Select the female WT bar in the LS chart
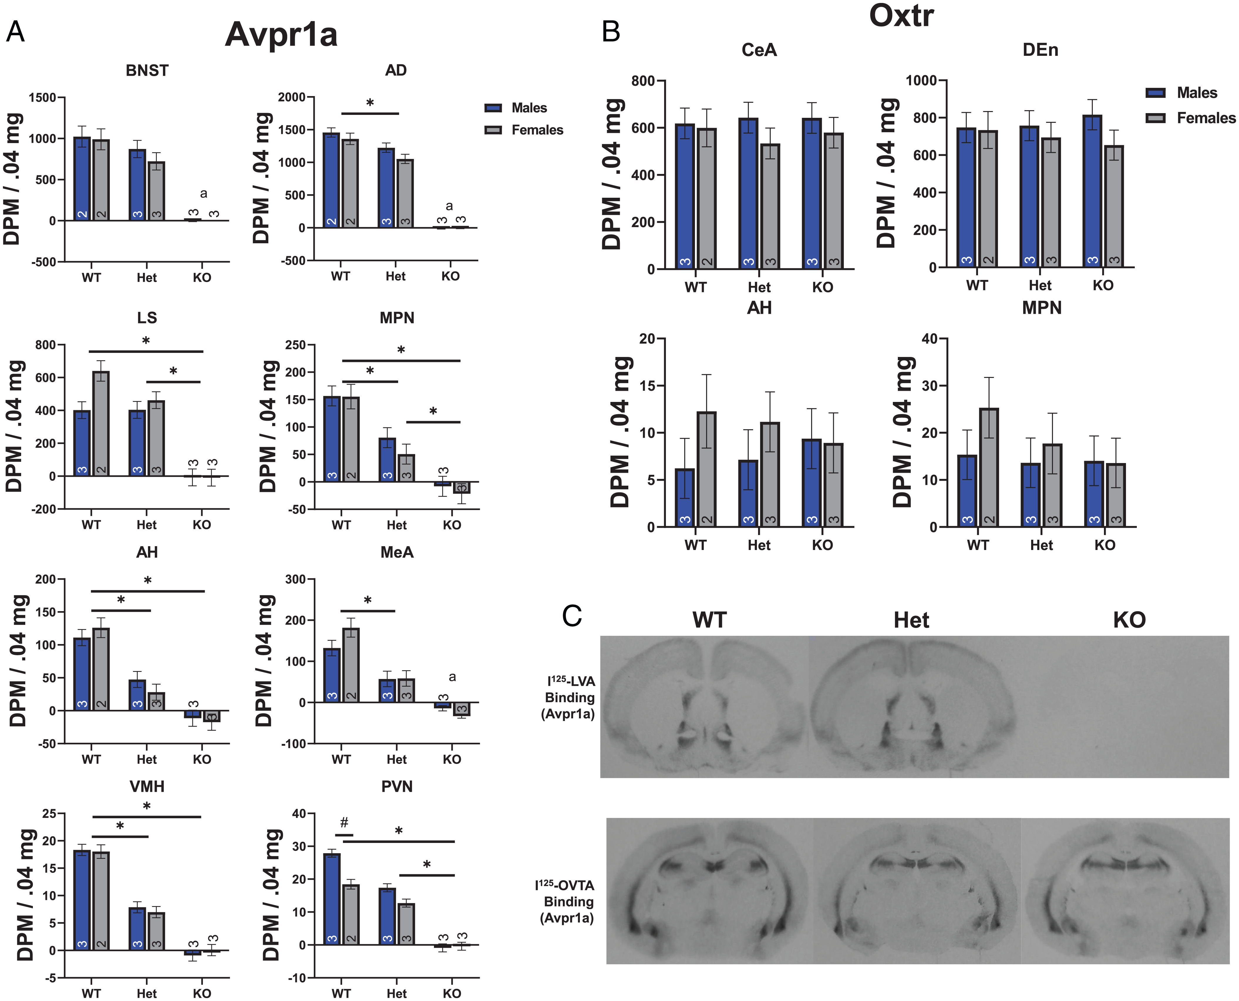[x=101, y=424]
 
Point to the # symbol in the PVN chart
[x=344, y=822]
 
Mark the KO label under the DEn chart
[x=1103, y=285]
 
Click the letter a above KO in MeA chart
[x=452, y=677]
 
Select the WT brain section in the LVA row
[x=704, y=706]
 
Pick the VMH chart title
[x=147, y=787]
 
